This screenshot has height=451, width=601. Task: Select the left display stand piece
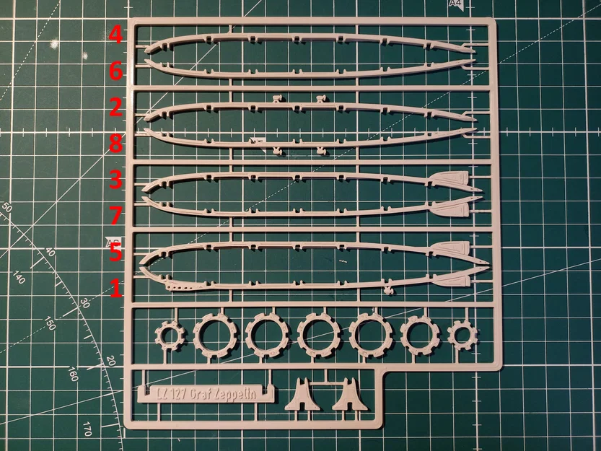303,395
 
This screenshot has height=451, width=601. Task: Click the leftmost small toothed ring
171,334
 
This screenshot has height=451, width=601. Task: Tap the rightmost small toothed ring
462,334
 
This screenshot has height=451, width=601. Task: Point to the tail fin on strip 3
452,177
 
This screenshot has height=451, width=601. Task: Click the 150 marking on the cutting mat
50,323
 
